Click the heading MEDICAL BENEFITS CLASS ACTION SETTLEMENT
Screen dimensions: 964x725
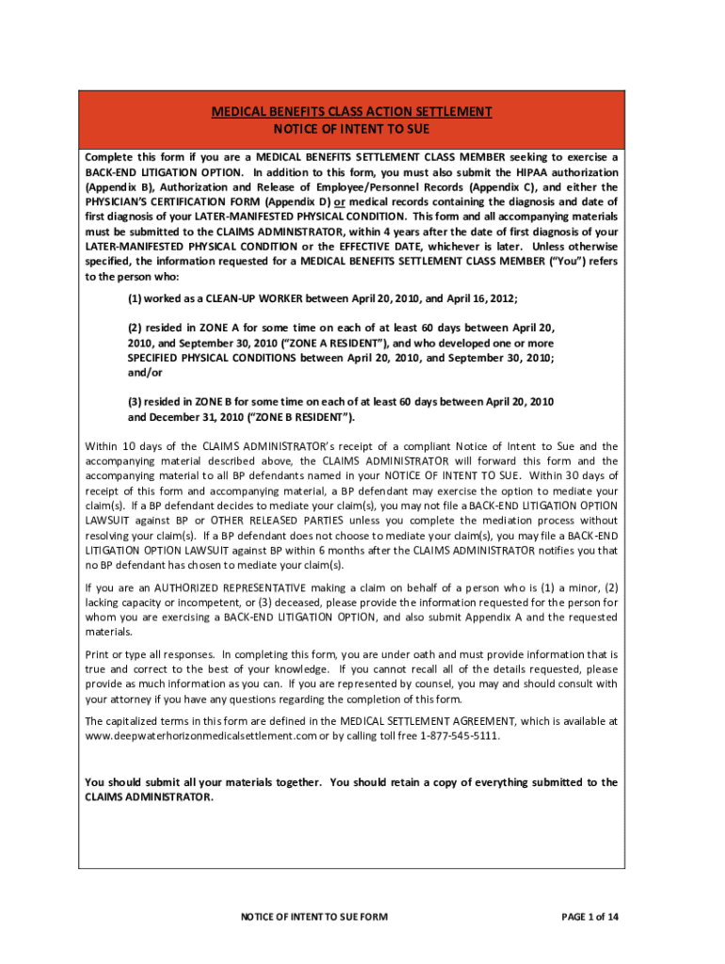pos(351,112)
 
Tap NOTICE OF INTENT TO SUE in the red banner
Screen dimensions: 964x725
pos(351,129)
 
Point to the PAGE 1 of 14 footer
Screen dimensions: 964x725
pos(589,916)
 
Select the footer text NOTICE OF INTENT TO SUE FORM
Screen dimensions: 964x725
pos(314,916)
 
